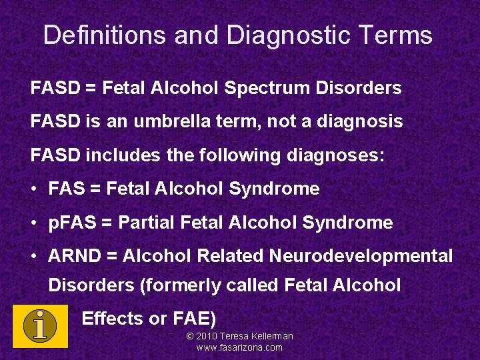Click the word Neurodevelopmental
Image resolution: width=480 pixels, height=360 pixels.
(361, 256)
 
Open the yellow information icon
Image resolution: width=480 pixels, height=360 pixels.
(40, 325)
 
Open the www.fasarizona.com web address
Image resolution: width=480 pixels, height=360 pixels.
(239, 347)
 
